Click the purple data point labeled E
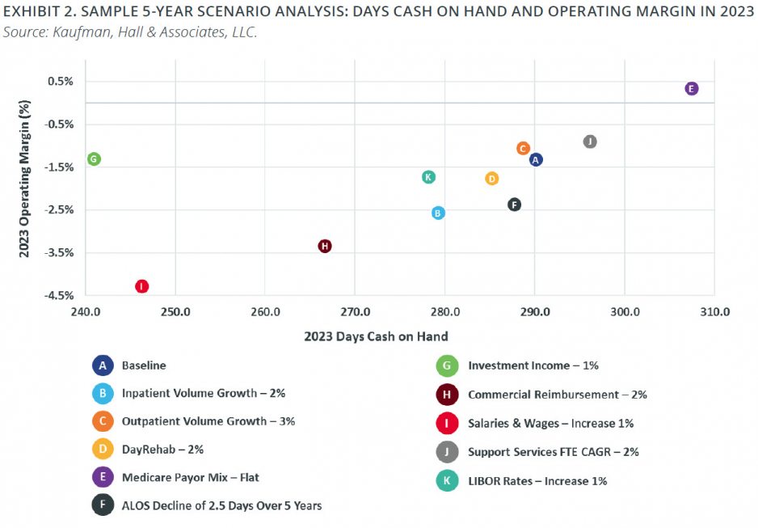tap(691, 89)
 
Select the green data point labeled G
tap(94, 159)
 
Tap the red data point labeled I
tap(142, 286)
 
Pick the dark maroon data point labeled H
tap(325, 246)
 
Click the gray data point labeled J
tap(590, 142)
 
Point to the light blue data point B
tap(438, 213)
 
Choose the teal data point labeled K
tap(429, 177)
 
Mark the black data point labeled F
tap(514, 205)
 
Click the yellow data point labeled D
tap(491, 179)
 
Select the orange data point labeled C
tap(523, 149)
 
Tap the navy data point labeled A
tap(536, 159)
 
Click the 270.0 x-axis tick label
tap(355, 312)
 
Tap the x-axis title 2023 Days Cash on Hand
tap(376, 336)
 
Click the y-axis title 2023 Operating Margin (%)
tap(24, 179)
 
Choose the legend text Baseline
tap(144, 365)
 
